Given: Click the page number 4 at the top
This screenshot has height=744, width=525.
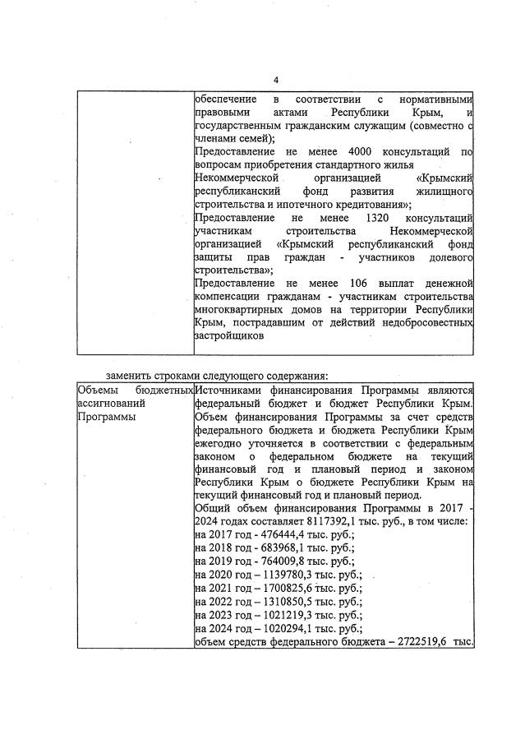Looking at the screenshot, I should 276,80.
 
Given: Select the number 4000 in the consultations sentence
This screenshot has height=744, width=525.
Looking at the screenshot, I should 364,151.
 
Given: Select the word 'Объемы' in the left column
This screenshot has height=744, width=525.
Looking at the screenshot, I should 96,390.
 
